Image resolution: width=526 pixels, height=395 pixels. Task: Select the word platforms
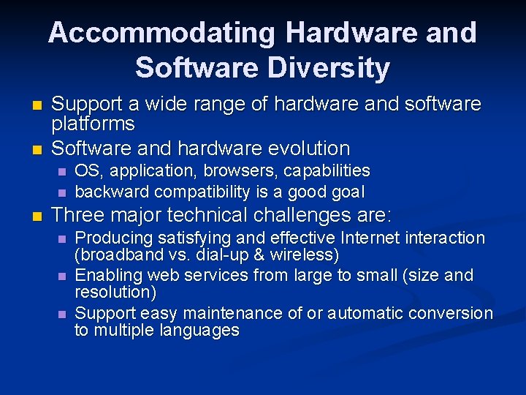pyautogui.click(x=93, y=124)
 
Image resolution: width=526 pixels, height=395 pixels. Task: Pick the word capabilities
pyautogui.click(x=327, y=171)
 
